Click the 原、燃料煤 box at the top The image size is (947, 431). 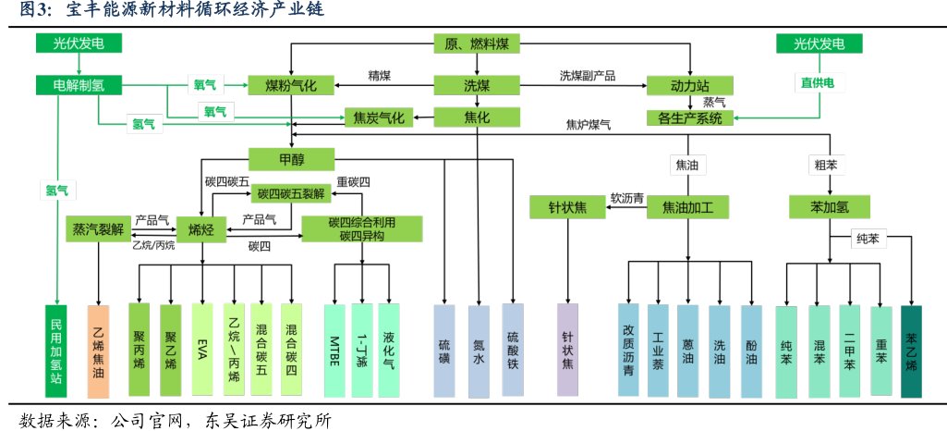(x=477, y=44)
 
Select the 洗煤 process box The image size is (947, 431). (x=477, y=86)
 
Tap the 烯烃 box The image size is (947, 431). (x=201, y=228)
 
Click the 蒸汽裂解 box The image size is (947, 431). (x=98, y=228)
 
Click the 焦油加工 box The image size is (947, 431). (x=688, y=206)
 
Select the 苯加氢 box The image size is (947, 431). (x=825, y=206)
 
